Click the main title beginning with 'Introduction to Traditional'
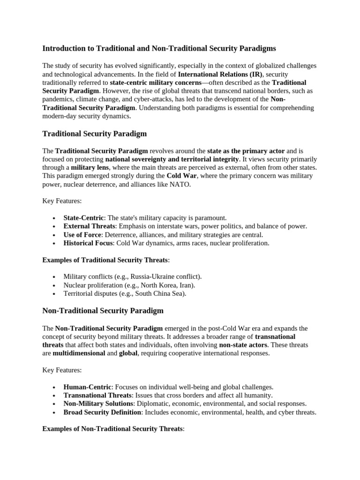(159, 48)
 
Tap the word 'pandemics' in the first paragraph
(58, 99)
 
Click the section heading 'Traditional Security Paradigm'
(94, 134)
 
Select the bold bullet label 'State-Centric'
(83, 218)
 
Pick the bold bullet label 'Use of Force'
(83, 235)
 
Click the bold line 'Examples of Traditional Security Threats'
(105, 260)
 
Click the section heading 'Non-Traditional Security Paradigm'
(103, 311)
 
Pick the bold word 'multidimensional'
(79, 353)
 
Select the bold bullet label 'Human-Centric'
(88, 387)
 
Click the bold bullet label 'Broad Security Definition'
(102, 412)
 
